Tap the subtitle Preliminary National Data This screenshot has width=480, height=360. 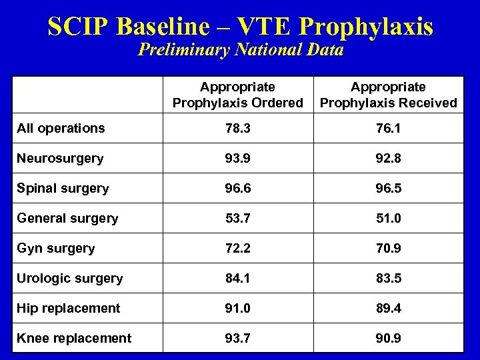pos(240,51)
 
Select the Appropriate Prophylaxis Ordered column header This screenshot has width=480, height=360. pos(237,95)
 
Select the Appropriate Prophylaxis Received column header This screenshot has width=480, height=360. pos(388,95)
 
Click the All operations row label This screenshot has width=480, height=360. pos(61,128)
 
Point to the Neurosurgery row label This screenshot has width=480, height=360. pos(60,159)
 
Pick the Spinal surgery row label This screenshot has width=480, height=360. pos(63,189)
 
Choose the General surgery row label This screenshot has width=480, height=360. pos(67,219)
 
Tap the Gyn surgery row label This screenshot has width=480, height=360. pos(56,249)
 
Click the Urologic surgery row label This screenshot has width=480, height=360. pos(70,279)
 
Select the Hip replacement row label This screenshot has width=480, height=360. pos(67,308)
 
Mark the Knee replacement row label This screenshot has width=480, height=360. pos(73,338)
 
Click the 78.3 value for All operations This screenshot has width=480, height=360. pos(237,128)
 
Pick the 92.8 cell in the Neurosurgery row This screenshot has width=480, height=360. pos(388,159)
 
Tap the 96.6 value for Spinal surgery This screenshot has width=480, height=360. pos(237,189)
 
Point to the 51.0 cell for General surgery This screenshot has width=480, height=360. pos(388,219)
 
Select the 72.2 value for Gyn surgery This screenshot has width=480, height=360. pos(237,249)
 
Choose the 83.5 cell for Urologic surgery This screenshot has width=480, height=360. pos(388,279)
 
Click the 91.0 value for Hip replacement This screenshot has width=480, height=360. pos(237,308)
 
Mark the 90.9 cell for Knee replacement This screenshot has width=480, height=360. pos(388,338)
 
